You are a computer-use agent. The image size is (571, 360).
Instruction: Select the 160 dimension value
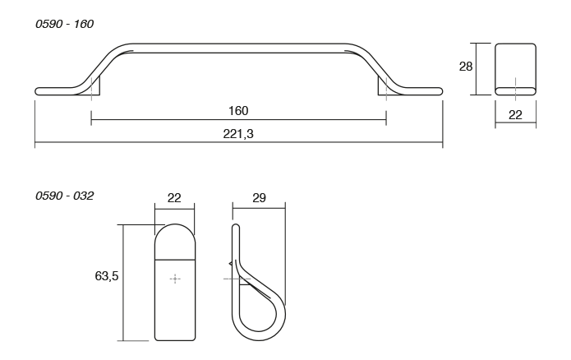point(238,111)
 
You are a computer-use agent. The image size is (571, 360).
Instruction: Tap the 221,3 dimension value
point(238,132)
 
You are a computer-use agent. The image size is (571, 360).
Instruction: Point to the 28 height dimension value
point(466,67)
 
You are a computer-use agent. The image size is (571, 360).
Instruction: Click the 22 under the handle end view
point(515,115)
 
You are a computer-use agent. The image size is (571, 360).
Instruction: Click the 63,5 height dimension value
point(107,276)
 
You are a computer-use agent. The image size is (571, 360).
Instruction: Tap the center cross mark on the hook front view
point(175,279)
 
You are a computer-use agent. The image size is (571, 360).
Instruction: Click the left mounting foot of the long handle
point(93,87)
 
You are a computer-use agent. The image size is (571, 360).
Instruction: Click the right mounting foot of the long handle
point(385,87)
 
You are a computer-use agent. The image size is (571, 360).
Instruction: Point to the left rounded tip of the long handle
point(39,90)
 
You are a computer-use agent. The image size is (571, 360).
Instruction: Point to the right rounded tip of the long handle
point(439,90)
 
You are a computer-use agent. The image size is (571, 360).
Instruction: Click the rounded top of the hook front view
point(175,234)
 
